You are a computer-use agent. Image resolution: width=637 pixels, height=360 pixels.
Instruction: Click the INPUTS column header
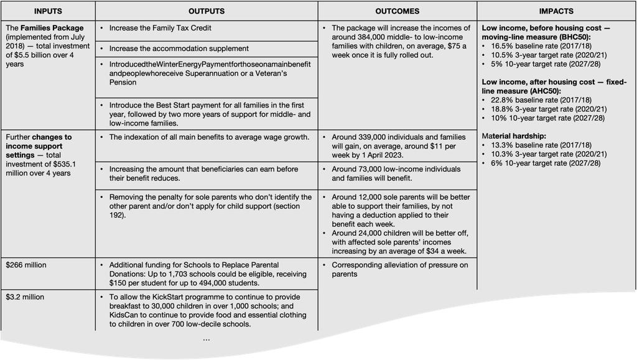[x=48, y=11]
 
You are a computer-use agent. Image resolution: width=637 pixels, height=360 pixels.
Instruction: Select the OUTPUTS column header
[x=207, y=11]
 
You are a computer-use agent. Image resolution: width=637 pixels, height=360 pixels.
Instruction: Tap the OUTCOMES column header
[x=398, y=11]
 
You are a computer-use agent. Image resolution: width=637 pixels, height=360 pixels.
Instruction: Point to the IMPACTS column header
[x=557, y=11]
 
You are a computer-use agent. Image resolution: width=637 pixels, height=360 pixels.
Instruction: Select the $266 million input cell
[x=26, y=265]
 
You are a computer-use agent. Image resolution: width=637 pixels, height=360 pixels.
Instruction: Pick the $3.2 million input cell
[x=25, y=297]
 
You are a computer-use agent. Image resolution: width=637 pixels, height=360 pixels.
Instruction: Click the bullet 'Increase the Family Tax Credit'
[x=160, y=28]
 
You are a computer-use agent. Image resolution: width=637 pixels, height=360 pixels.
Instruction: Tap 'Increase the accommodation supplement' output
[x=179, y=48]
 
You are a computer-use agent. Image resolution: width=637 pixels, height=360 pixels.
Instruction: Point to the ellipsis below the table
[x=207, y=339]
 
